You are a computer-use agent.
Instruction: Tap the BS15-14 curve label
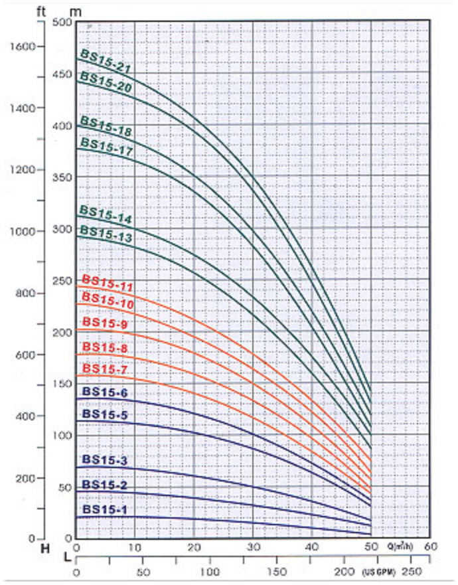106,214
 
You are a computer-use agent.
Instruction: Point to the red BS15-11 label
108,282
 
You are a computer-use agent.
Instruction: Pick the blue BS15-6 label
104,393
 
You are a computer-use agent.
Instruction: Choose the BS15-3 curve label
105,460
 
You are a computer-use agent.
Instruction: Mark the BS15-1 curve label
105,509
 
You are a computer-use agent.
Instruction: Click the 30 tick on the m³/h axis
253,547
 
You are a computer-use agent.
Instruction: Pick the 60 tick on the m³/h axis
430,547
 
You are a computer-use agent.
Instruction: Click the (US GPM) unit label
379,572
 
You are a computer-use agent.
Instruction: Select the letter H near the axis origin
46,548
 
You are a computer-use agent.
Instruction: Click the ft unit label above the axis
44,9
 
